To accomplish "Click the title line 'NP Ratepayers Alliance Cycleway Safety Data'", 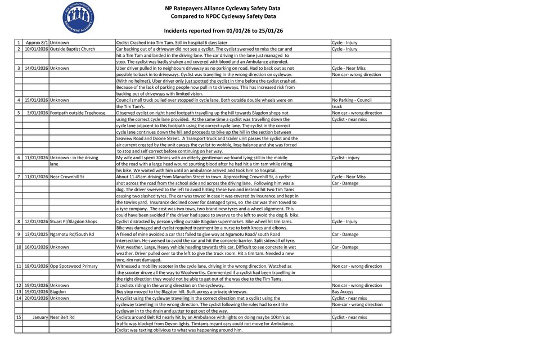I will (223, 8).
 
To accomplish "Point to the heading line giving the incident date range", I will (223, 30).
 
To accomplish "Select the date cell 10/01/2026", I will (36, 49).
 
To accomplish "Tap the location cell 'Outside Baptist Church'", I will (73, 49).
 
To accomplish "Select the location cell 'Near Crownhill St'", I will (67, 177).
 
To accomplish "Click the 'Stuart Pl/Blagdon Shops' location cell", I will (74, 221).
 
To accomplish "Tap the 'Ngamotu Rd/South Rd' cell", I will (72, 234).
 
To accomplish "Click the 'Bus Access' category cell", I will (343, 292).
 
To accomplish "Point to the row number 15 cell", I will (19, 317).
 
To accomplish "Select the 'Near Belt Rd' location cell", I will (62, 317).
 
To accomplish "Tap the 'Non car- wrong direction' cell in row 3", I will (357, 74).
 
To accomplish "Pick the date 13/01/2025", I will (36, 234).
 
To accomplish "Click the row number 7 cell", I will (19, 177).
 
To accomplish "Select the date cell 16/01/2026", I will (36, 247).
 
